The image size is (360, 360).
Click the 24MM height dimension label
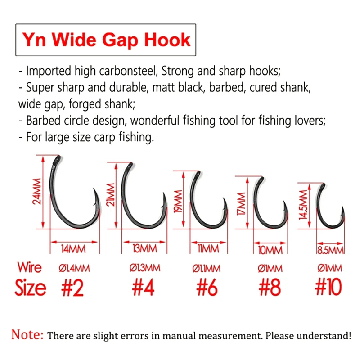tap(37, 191)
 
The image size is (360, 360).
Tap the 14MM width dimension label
tap(73, 249)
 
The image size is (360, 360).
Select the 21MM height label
tap(110, 194)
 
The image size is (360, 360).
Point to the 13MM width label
tap(144, 249)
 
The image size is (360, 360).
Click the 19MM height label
tap(178, 201)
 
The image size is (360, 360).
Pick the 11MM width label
tap(208, 249)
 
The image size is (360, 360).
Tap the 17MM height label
tap(241, 204)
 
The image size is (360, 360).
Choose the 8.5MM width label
tap(330, 250)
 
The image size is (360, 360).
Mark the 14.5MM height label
tap(303, 205)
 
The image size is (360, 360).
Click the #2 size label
tap(72, 288)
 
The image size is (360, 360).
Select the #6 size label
tap(207, 288)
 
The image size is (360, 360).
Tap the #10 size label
tap(328, 287)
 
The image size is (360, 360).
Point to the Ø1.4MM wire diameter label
tap(74, 268)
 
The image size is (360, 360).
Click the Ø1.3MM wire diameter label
tap(145, 268)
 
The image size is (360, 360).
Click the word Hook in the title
tap(167, 40)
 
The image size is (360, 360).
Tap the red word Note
tap(27, 334)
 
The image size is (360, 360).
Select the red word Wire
tap(30, 267)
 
